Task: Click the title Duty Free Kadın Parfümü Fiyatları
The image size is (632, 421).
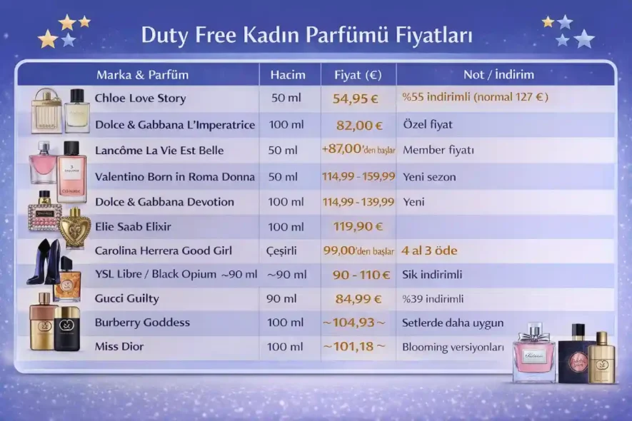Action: pyautogui.click(x=306, y=35)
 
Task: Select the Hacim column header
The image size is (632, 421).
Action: pyautogui.click(x=288, y=74)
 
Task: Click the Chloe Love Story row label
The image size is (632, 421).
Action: pyautogui.click(x=140, y=98)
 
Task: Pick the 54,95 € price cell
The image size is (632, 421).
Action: pyautogui.click(x=358, y=98)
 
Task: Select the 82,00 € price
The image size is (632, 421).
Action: pyautogui.click(x=359, y=125)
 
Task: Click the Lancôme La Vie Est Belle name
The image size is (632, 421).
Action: pyautogui.click(x=159, y=151)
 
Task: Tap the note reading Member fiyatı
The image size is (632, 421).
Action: pyautogui.click(x=438, y=151)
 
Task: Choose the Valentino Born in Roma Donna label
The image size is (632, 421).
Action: pyautogui.click(x=174, y=176)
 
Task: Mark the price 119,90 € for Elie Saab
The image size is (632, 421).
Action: pyautogui.click(x=358, y=227)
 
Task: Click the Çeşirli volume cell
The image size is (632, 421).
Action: pyautogui.click(x=282, y=251)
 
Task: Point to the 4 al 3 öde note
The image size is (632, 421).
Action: pyautogui.click(x=430, y=251)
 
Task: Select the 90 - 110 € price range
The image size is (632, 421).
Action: pyautogui.click(x=361, y=275)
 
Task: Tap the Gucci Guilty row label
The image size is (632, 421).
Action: pyautogui.click(x=127, y=298)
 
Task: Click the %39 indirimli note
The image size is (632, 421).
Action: pyautogui.click(x=433, y=299)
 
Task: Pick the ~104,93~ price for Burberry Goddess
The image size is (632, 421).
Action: pyautogui.click(x=353, y=323)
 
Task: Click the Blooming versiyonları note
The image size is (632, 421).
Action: pyautogui.click(x=453, y=348)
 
